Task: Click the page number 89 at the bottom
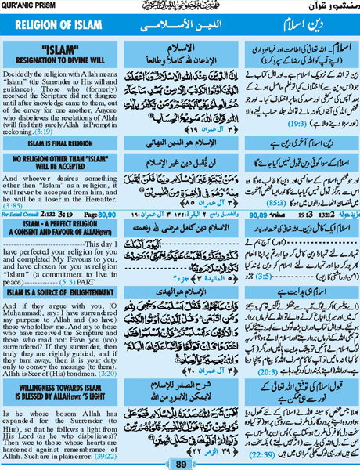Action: point(179,463)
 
